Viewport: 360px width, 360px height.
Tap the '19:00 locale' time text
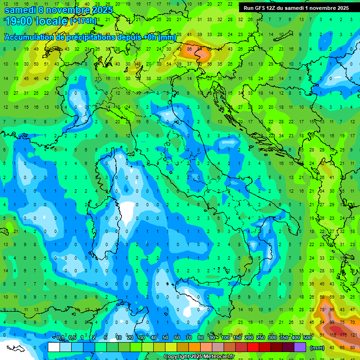click(35, 21)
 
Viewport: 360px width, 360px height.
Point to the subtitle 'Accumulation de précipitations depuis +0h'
click(89, 37)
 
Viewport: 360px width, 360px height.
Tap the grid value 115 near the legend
click(334, 335)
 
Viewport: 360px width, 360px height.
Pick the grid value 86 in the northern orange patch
click(190, 49)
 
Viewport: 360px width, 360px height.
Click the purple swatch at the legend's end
click(300, 347)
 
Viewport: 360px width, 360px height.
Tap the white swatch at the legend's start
click(54, 347)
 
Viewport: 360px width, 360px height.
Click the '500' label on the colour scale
click(307, 338)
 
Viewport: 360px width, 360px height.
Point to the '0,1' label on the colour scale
click(60, 338)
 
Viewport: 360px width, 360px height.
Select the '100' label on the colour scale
click(225, 338)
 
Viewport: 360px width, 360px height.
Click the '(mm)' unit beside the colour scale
click(317, 347)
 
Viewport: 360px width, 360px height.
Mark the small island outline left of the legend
click(16, 348)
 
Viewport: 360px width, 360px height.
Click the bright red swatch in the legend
click(253, 347)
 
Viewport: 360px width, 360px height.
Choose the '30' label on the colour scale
click(142, 338)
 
